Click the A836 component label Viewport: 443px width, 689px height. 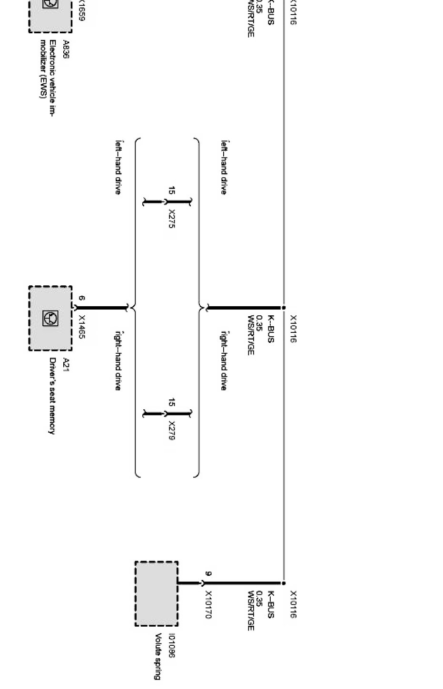point(66,49)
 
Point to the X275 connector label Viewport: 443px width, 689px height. point(172,219)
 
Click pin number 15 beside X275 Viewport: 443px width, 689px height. point(171,191)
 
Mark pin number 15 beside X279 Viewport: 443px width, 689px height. point(171,403)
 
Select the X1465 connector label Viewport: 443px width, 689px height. point(82,327)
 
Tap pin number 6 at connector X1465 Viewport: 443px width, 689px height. point(82,298)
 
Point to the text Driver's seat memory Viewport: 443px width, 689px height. point(52,396)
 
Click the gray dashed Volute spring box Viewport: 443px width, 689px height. point(157,593)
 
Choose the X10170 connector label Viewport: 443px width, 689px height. point(208,604)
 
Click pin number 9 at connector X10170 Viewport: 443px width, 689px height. point(208,573)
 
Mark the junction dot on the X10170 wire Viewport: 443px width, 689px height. point(284,583)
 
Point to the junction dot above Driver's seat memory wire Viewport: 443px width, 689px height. point(284,308)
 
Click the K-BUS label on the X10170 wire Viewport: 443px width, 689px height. point(271,604)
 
